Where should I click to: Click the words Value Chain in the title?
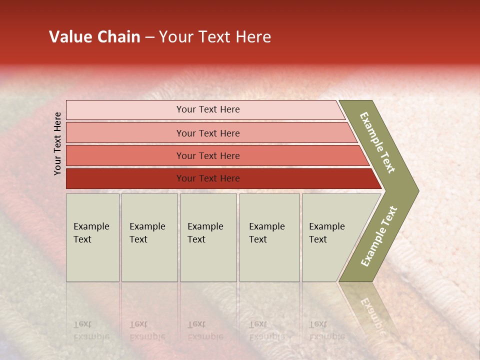point(94,37)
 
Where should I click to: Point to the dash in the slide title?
point(149,37)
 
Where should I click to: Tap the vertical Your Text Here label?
point(57,143)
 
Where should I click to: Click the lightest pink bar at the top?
point(207,109)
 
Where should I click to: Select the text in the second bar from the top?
point(207,133)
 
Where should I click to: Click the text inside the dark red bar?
point(207,178)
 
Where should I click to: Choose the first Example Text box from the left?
point(92,237)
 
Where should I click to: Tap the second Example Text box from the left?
point(149,237)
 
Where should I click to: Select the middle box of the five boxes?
point(208,237)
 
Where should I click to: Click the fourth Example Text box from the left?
point(269,237)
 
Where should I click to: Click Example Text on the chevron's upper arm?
point(377,142)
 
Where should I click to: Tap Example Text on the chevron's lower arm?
point(379,236)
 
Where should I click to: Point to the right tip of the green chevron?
point(417,191)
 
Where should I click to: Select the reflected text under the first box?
point(91,330)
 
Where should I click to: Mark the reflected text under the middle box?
point(205,330)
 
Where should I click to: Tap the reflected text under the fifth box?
point(326,330)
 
